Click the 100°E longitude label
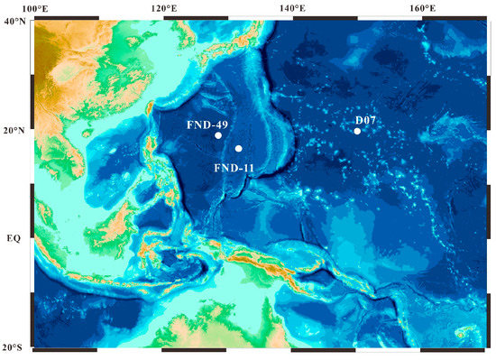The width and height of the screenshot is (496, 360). (34, 9)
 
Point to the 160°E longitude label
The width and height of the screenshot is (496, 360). (422, 9)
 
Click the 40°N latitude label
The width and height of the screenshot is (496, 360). (15, 22)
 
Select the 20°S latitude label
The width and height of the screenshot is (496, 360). (15, 348)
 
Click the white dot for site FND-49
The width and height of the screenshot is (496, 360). (218, 135)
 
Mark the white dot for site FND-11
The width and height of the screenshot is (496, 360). (239, 149)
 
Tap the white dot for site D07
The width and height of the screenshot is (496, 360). (357, 132)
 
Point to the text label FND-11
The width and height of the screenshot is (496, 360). (234, 167)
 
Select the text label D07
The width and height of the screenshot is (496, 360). (366, 120)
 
